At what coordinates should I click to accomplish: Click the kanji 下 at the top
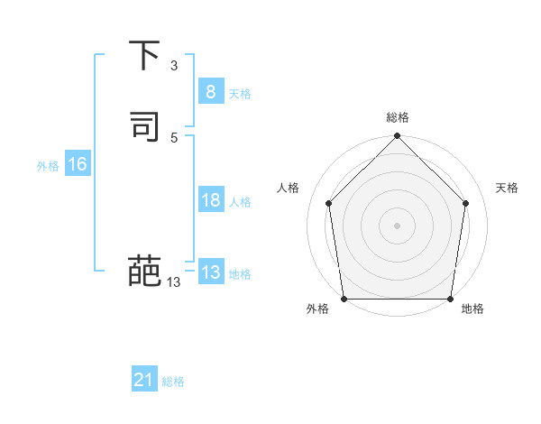click(x=144, y=55)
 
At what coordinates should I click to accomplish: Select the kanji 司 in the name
click(x=144, y=125)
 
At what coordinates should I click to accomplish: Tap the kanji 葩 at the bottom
click(x=144, y=270)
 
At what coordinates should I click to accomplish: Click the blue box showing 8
click(x=210, y=91)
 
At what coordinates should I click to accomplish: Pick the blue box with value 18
click(x=210, y=200)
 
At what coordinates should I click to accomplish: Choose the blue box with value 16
click(x=77, y=164)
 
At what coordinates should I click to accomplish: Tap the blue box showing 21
click(x=144, y=380)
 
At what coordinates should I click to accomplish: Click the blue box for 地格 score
click(x=210, y=272)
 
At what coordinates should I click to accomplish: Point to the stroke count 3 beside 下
click(x=174, y=66)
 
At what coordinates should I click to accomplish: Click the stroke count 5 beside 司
click(x=174, y=137)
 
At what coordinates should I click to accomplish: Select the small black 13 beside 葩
click(x=173, y=282)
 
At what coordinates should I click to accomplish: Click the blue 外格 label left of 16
click(x=48, y=166)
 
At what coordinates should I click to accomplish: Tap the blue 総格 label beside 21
click(x=173, y=382)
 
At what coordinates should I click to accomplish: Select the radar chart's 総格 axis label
click(x=398, y=117)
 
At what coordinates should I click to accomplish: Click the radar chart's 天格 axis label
click(x=507, y=188)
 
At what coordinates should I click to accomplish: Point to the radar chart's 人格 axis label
click(x=289, y=188)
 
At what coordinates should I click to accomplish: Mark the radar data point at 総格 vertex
click(x=398, y=137)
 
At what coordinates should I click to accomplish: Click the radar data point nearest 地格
click(x=450, y=299)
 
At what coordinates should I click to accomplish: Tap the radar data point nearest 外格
click(x=344, y=299)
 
